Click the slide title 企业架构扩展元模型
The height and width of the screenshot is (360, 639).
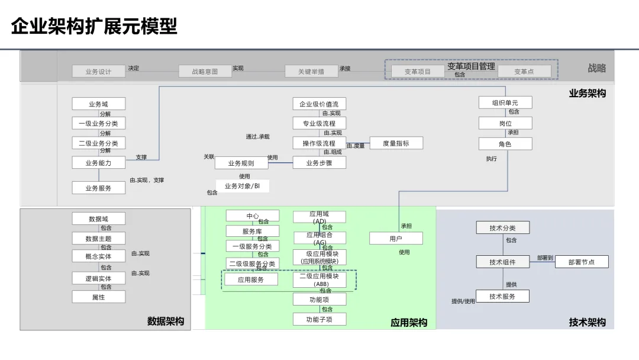click(95, 27)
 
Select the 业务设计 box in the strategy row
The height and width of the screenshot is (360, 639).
click(99, 72)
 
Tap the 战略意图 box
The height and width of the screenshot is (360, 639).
click(205, 72)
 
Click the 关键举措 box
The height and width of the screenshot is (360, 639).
click(311, 72)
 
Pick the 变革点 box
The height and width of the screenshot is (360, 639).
click(524, 72)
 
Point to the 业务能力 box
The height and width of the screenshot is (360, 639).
click(99, 163)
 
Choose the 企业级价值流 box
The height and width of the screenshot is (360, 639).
click(319, 104)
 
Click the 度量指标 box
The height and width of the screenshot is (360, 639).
click(396, 143)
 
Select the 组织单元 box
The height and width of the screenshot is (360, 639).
click(505, 103)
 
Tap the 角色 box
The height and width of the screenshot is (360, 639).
click(505, 144)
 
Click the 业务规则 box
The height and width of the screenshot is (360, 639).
click(241, 163)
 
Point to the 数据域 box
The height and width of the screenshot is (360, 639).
click(99, 219)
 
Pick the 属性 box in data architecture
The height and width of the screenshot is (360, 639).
click(99, 297)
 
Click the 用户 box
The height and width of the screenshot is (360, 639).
click(396, 239)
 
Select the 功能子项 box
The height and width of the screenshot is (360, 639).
click(319, 320)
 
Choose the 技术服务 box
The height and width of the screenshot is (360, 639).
click(502, 297)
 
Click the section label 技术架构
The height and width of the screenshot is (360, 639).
click(588, 322)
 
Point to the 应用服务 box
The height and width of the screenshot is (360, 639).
click(251, 279)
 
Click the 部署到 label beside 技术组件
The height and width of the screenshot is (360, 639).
click(545, 258)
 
